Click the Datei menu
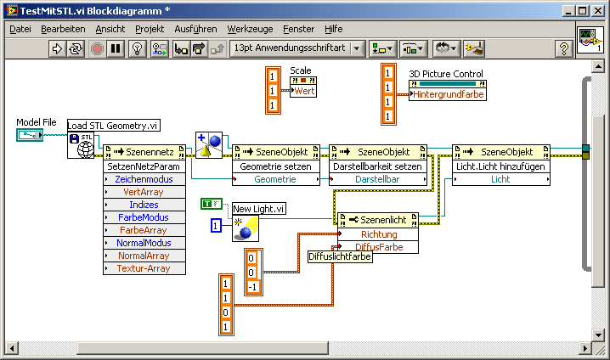(20, 29)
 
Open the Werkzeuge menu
(250, 29)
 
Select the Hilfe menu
(333, 29)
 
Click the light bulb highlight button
(137, 49)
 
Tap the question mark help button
(563, 49)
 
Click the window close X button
(597, 11)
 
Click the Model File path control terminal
(30, 135)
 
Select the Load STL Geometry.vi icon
(81, 145)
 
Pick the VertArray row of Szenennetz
(144, 192)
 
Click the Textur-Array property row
(144, 268)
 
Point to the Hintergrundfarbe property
(448, 94)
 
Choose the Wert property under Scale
(303, 91)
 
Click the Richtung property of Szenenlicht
(378, 234)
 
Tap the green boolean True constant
(212, 204)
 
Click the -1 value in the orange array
(252, 287)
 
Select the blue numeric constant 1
(216, 226)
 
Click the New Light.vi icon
(246, 228)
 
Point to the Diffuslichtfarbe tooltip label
(340, 256)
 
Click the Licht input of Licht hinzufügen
(501, 179)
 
